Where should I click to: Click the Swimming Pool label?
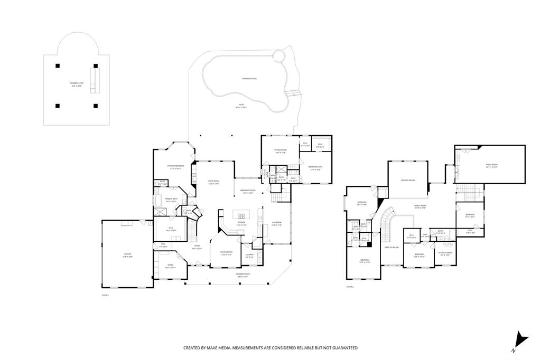pyautogui.click(x=249, y=79)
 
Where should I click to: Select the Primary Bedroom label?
pyautogui.click(x=175, y=167)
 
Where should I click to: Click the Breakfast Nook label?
pyautogui.click(x=248, y=191)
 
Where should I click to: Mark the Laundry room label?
pyautogui.click(x=250, y=255)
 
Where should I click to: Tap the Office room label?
pyautogui.click(x=170, y=266)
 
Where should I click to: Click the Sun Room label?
pyautogui.click(x=276, y=223)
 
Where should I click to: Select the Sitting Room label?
pyautogui.click(x=280, y=151)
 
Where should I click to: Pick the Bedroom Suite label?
pyautogui.click(x=315, y=168)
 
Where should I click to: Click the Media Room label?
pyautogui.click(x=491, y=165)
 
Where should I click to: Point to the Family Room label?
pyautogui.click(x=420, y=207)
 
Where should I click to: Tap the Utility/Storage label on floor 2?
pyautogui.click(x=444, y=253)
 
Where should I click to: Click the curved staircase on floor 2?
pyautogui.click(x=387, y=222)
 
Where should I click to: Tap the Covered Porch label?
pyautogui.click(x=243, y=275)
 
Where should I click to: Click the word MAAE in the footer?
pyautogui.click(x=217, y=348)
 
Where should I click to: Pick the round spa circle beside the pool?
pyautogui.click(x=279, y=56)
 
